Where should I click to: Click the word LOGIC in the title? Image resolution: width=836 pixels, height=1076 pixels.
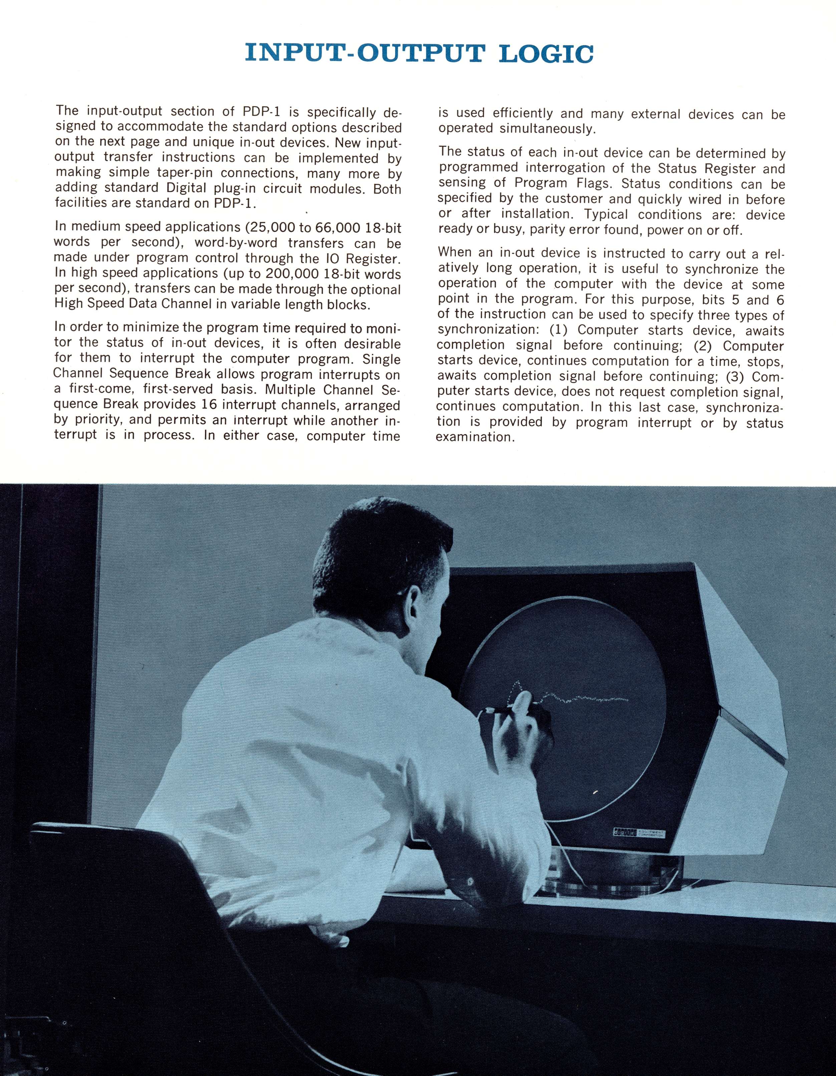pyautogui.click(x=546, y=53)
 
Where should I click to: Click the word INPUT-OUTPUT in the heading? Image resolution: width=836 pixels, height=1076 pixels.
pyautogui.click(x=363, y=53)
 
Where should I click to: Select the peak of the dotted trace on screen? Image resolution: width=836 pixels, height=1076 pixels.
pyautogui.click(x=516, y=683)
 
